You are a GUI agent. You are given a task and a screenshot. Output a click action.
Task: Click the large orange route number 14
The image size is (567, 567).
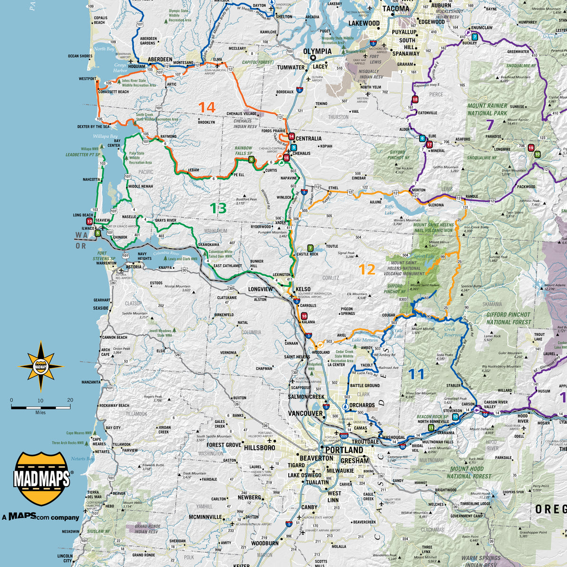[207, 107]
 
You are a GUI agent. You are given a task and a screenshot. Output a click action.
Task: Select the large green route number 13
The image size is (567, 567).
[218, 208]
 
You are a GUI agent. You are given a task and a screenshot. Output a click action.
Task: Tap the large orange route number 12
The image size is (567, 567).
[367, 269]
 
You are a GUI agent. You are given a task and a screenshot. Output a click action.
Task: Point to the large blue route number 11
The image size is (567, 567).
[416, 374]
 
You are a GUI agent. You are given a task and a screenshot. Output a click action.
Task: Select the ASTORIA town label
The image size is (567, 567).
[134, 267]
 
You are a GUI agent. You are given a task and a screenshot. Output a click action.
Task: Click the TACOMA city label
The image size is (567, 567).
[395, 9]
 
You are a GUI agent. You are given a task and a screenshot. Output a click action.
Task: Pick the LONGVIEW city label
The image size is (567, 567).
[260, 289]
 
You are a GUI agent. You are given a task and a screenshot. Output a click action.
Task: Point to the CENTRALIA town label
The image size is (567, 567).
[309, 138]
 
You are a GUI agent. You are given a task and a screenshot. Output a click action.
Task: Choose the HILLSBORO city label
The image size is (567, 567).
[260, 447]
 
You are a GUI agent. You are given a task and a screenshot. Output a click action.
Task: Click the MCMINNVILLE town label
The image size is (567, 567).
[205, 517]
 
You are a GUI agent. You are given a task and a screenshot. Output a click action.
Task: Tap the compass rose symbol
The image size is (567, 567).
[41, 366]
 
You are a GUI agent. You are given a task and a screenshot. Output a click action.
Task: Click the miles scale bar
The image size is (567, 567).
[41, 407]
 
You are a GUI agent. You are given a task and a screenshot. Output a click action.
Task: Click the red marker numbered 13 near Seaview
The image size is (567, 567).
[89, 222]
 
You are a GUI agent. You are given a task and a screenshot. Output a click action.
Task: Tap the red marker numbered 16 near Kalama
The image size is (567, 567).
[304, 316]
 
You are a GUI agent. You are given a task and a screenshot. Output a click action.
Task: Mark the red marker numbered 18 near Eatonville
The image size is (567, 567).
[415, 99]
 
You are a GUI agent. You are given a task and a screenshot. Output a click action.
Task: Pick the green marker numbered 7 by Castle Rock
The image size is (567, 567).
[310, 248]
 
